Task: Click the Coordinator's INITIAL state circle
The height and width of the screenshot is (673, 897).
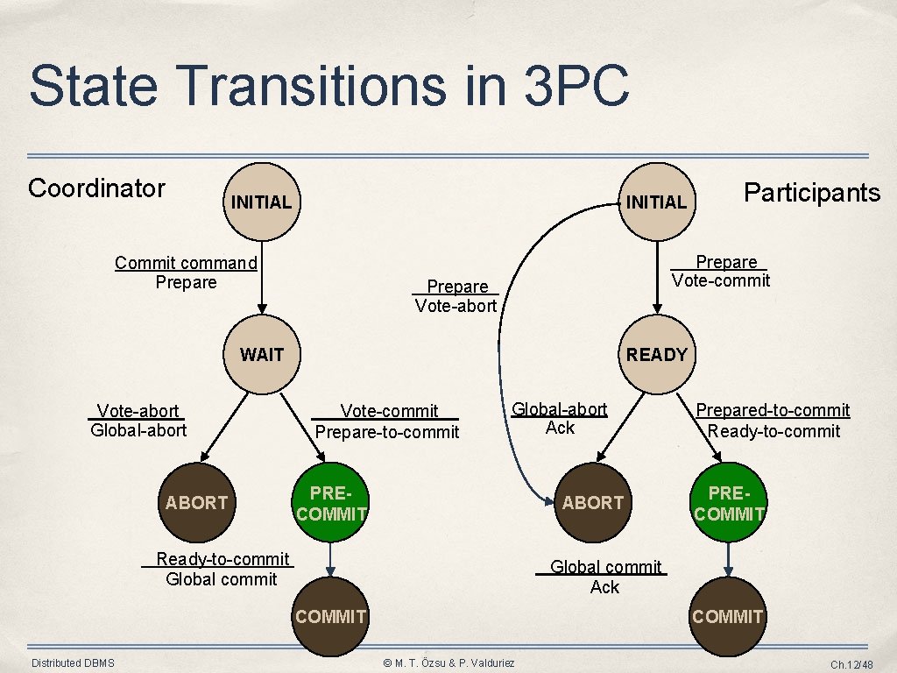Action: (261, 202)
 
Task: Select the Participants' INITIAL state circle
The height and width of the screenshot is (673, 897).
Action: (655, 202)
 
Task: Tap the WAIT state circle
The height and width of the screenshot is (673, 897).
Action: (261, 355)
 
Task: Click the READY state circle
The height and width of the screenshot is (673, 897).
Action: (655, 355)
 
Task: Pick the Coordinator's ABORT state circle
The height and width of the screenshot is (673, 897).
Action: (197, 502)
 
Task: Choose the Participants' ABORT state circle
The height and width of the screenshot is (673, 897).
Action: (593, 502)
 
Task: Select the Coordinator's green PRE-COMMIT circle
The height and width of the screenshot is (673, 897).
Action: (331, 503)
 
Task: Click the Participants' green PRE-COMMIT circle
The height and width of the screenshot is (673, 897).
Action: (729, 503)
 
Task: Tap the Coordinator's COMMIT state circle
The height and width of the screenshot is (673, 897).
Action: (331, 616)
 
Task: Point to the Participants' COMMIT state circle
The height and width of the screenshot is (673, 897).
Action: (728, 616)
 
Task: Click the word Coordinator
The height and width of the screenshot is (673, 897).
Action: (96, 188)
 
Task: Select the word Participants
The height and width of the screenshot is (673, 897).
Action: (811, 193)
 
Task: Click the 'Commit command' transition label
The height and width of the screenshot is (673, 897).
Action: (186, 263)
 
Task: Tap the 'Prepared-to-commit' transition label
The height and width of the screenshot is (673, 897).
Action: (773, 410)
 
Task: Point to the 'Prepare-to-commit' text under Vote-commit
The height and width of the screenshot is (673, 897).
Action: (386, 432)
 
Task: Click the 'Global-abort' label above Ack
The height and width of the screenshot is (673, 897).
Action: (559, 408)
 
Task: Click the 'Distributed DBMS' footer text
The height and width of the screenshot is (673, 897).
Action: (73, 663)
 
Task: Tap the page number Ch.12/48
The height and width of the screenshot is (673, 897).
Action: (851, 665)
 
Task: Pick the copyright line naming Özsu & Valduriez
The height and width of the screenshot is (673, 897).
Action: (448, 663)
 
